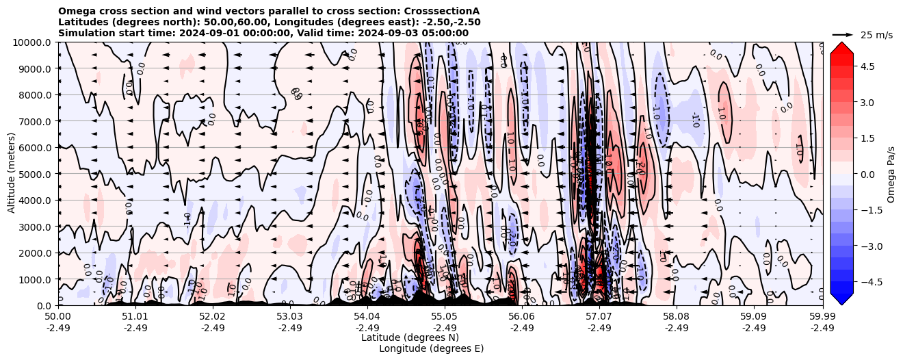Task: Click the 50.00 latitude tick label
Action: click(58, 317)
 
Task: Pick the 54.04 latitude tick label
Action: click(367, 317)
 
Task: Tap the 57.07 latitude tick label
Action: click(599, 317)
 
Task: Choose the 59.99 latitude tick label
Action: click(822, 317)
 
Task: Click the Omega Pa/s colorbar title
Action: click(891, 174)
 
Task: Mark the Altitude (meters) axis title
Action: click(12, 174)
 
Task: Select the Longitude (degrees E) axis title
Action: click(431, 348)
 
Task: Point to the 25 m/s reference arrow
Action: click(843, 34)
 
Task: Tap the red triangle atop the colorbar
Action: click(841, 47)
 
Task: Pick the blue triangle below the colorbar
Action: click(841, 298)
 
